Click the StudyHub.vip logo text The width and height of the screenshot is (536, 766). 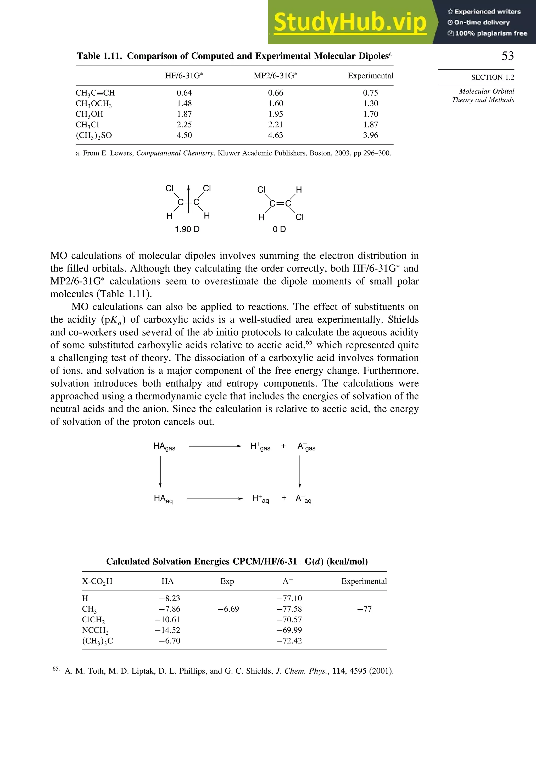click(x=350, y=22)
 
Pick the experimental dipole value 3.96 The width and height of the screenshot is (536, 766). click(x=370, y=135)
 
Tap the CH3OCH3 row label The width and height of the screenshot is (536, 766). click(x=93, y=104)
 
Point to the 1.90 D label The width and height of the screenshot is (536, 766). click(x=187, y=229)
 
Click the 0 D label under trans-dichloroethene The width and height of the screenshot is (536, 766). click(x=279, y=229)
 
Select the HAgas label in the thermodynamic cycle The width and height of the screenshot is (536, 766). click(x=164, y=447)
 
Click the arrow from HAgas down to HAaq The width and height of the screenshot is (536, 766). click(x=160, y=472)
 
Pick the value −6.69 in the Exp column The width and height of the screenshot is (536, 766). click(x=228, y=609)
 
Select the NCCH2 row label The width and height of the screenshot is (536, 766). click(x=95, y=630)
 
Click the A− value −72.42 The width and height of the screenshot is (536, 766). click(x=289, y=641)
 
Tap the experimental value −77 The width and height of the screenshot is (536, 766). click(x=364, y=609)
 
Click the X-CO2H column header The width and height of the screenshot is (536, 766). click(x=97, y=581)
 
